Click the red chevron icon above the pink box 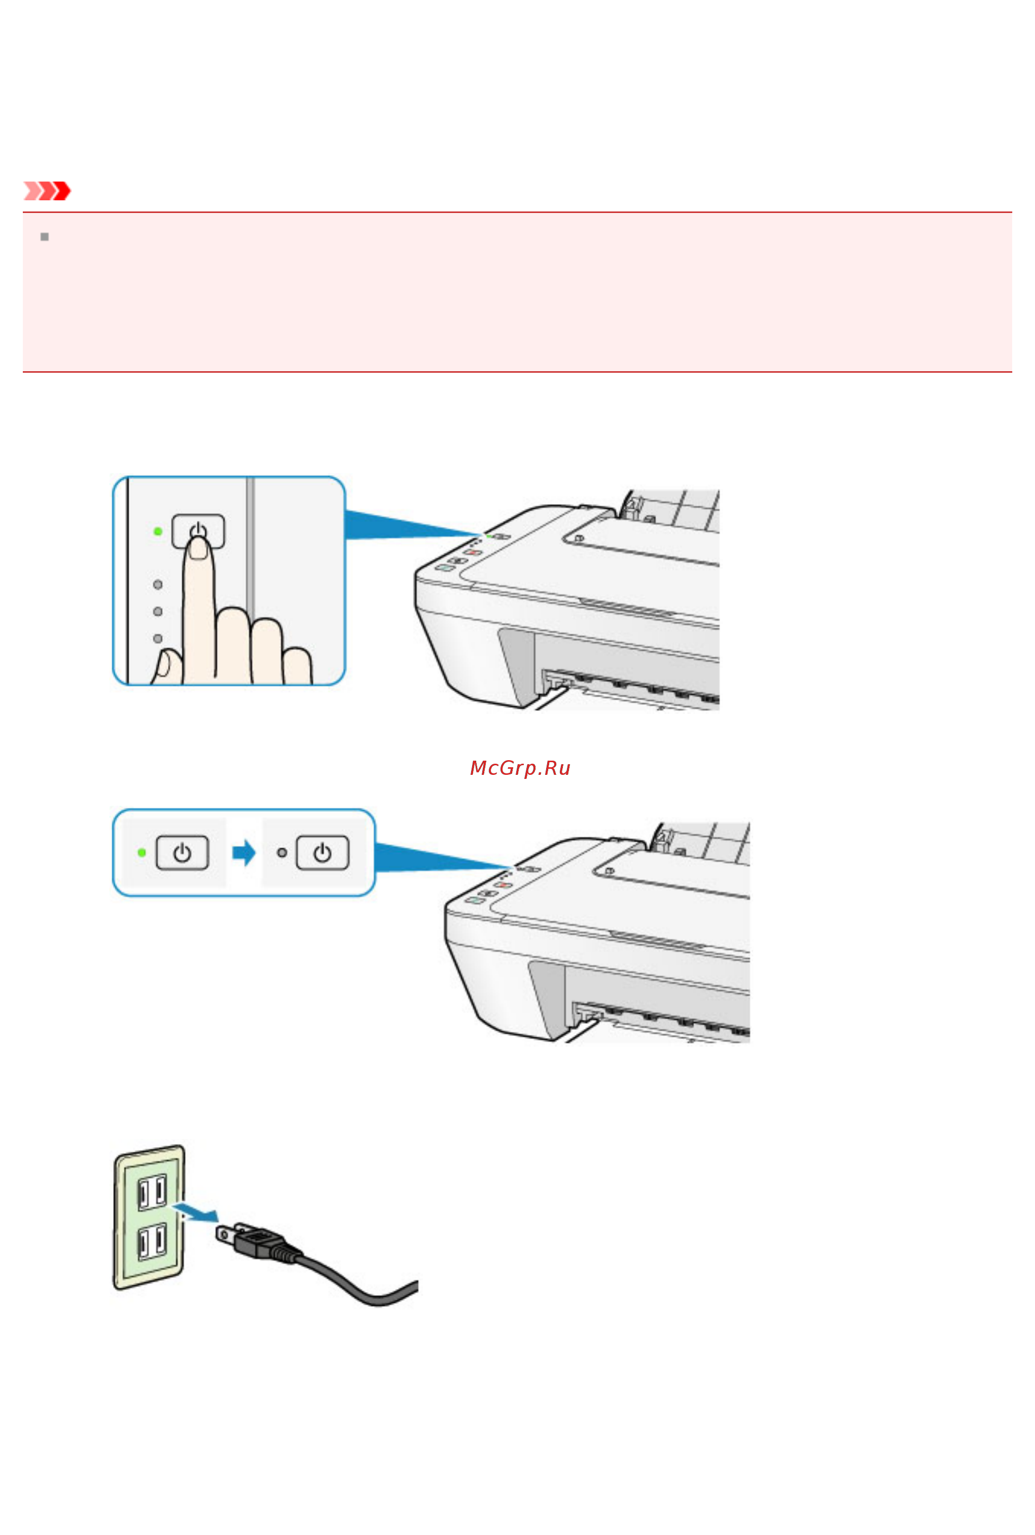point(47,191)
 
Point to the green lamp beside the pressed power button point(158,531)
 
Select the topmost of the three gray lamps point(158,585)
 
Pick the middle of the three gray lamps point(158,612)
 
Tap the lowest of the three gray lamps point(158,639)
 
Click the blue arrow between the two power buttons point(243,852)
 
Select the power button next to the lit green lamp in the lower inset point(182,852)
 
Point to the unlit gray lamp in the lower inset point(282,852)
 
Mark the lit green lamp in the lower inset point(142,852)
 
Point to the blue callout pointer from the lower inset point(442,857)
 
